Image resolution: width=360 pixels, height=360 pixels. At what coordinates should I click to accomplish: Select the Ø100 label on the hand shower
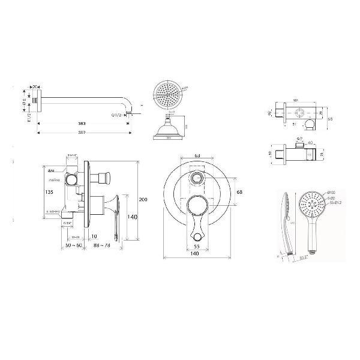[x=331, y=192]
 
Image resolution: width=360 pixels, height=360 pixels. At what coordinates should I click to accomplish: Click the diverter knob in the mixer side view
[x=108, y=177]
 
